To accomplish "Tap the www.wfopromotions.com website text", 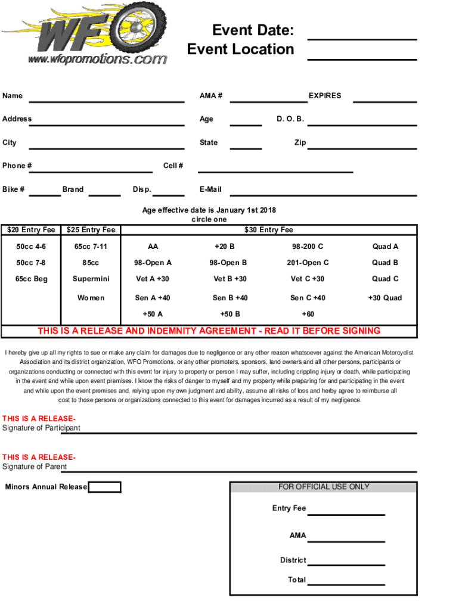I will click(x=97, y=59).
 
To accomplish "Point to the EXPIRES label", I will click(x=325, y=95).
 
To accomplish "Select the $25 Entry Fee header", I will click(x=91, y=230).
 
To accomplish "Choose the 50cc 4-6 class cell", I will click(x=31, y=247).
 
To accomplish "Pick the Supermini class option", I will click(x=91, y=279).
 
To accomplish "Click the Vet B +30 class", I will click(x=230, y=279).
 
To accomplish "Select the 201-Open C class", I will click(x=308, y=263).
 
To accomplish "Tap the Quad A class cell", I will click(x=385, y=247).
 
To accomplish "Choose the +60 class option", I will click(x=308, y=314).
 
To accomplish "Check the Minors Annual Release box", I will click(x=105, y=487).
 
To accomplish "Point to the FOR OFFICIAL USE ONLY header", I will click(x=324, y=487).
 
